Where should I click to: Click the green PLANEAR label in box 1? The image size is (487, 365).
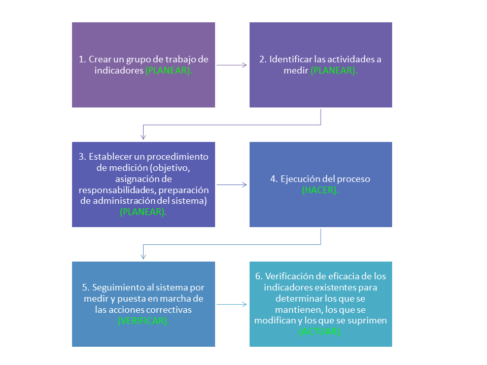168,71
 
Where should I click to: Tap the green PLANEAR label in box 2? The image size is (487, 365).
333,71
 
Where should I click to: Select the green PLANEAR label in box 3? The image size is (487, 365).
143,212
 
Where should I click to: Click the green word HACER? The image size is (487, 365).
321,191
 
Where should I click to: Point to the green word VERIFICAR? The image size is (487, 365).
143,321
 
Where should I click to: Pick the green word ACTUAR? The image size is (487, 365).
321,332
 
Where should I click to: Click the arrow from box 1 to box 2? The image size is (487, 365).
232,65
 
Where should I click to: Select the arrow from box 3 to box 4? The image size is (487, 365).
232,185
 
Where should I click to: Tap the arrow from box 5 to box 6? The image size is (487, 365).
232,304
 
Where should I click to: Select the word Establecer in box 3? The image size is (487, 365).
109,157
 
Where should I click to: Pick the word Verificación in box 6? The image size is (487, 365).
289,276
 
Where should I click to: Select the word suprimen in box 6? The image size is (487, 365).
370,321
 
